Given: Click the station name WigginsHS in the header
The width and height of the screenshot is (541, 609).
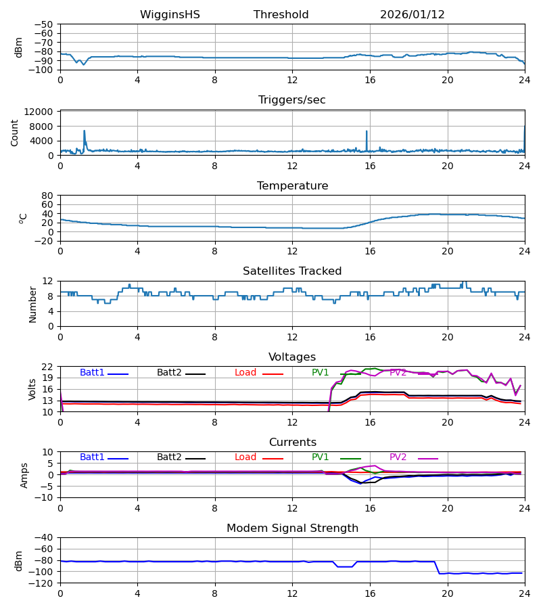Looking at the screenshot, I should (170, 15).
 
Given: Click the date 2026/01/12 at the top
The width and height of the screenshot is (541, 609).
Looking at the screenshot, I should (413, 15).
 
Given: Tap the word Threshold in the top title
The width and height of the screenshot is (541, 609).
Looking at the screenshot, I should (281, 15).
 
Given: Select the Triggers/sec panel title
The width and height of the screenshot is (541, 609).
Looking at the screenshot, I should (292, 100).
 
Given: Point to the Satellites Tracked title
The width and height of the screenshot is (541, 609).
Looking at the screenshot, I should (292, 271).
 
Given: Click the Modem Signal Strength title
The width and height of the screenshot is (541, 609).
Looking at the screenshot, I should (292, 528).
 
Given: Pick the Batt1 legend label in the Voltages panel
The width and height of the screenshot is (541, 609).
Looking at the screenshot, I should (92, 373).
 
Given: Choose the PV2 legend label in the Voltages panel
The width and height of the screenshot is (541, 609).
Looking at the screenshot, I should (398, 373).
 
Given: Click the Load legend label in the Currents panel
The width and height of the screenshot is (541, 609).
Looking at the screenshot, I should (245, 457).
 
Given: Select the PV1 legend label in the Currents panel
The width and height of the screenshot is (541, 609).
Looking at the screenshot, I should (321, 457).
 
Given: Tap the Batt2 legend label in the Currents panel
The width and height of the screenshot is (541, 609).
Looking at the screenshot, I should (169, 457).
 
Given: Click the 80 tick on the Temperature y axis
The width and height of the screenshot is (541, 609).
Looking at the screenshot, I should (47, 196).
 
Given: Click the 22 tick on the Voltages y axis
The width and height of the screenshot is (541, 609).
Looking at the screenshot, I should (47, 367).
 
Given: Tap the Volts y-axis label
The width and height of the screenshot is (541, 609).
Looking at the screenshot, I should (33, 389).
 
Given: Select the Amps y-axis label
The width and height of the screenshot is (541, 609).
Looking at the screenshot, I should (25, 475).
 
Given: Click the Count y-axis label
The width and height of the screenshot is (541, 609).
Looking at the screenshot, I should (15, 133).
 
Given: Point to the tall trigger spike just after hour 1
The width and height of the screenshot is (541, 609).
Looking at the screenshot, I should (84, 131).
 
